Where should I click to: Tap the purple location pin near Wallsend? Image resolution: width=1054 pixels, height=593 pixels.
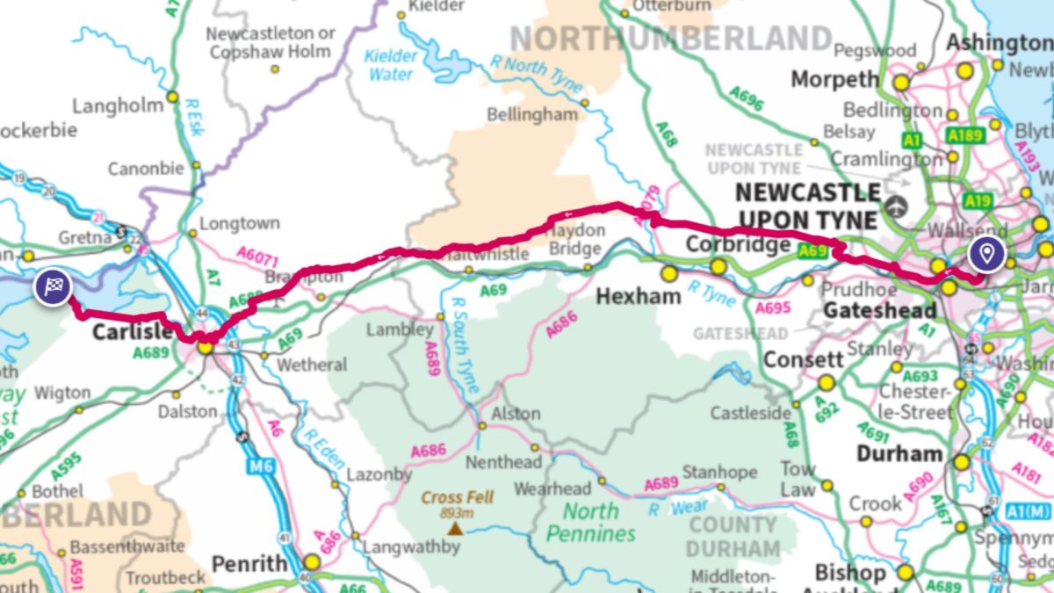(987, 255)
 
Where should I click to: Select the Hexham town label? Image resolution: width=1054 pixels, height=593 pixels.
(638, 296)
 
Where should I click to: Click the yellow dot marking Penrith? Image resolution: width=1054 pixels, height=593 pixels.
(311, 562)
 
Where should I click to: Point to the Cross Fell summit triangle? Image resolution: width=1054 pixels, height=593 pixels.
(454, 528)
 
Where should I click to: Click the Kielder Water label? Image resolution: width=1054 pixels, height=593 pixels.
(391, 64)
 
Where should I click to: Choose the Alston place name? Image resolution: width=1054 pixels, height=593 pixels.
(516, 413)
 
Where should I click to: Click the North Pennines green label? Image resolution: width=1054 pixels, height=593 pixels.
(590, 522)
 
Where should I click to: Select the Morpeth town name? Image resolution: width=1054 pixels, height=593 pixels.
(834, 79)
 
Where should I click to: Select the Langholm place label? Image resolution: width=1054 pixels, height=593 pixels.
(118, 105)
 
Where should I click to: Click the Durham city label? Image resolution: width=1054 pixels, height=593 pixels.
(899, 453)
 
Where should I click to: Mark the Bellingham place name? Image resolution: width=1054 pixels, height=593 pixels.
(533, 114)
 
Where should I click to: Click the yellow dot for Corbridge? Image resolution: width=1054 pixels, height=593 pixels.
(718, 266)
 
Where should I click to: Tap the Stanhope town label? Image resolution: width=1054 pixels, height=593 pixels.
(719, 472)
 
